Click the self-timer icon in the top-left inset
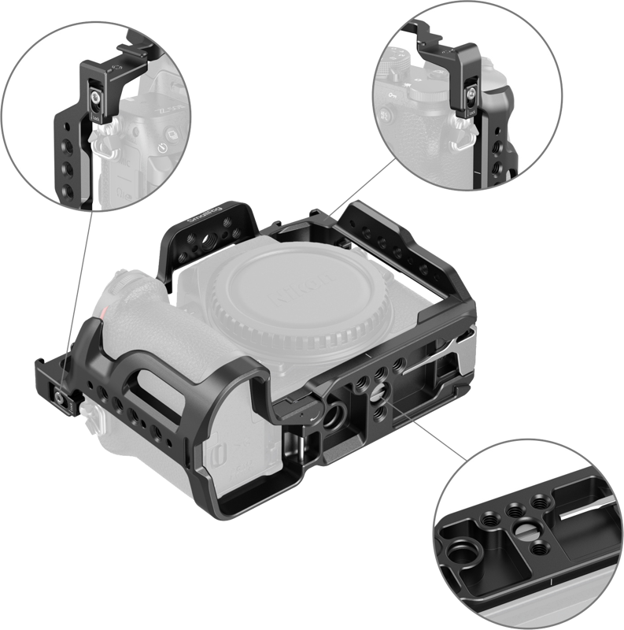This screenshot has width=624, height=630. point(161,146)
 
